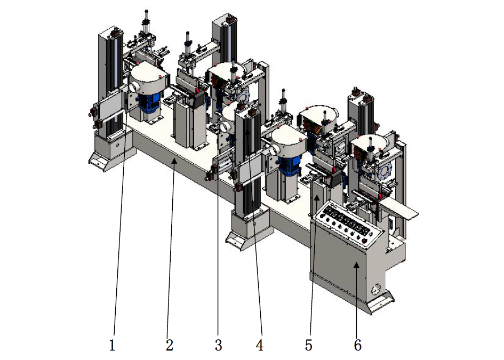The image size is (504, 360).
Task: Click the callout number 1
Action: click(112, 345)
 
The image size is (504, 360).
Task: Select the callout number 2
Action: click(170, 345)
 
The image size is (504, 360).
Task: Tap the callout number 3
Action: click(218, 345)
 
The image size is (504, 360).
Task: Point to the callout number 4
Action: click(260, 345)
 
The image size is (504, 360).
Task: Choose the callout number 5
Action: click(309, 345)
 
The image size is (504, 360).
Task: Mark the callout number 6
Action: click(358, 345)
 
